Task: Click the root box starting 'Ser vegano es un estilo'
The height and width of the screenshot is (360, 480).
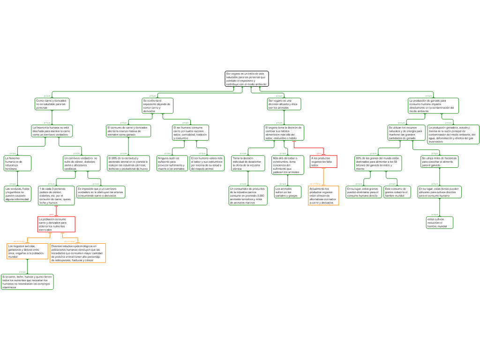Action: pyautogui.click(x=247, y=79)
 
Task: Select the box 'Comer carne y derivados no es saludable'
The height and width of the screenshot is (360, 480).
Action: pyautogui.click(x=52, y=104)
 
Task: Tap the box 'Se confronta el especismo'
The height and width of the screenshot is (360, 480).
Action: pyautogui.click(x=157, y=105)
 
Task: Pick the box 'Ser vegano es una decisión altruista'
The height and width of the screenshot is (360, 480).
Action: pyautogui.click(x=284, y=104)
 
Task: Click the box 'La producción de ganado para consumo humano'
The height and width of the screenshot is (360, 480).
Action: pyautogui.click(x=433, y=105)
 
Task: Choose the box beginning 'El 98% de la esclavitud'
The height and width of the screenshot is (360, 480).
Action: pyautogui.click(x=128, y=163)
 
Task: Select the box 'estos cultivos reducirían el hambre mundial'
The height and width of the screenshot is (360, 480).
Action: pyautogui.click(x=440, y=223)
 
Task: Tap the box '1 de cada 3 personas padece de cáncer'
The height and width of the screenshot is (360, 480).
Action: pyautogui.click(x=56, y=195)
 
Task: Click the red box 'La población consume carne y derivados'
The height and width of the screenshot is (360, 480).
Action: pyautogui.click(x=56, y=224)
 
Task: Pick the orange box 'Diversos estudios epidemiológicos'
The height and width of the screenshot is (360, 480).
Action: pyautogui.click(x=77, y=253)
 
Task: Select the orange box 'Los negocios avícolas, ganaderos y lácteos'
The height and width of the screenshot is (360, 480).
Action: pyautogui.click(x=27, y=251)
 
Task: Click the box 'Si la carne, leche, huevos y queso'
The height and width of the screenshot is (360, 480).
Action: pyautogui.click(x=27, y=282)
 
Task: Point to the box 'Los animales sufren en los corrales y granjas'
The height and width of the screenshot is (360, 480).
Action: pyautogui.click(x=287, y=192)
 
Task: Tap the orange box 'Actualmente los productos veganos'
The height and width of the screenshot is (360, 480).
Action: pyautogui.click(x=323, y=195)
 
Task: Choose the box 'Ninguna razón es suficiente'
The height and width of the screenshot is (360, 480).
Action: pyautogui.click(x=172, y=163)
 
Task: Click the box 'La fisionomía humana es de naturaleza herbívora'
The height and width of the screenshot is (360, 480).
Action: pyautogui.click(x=17, y=163)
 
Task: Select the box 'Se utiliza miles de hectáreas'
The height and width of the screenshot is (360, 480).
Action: pyautogui.click(x=439, y=162)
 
